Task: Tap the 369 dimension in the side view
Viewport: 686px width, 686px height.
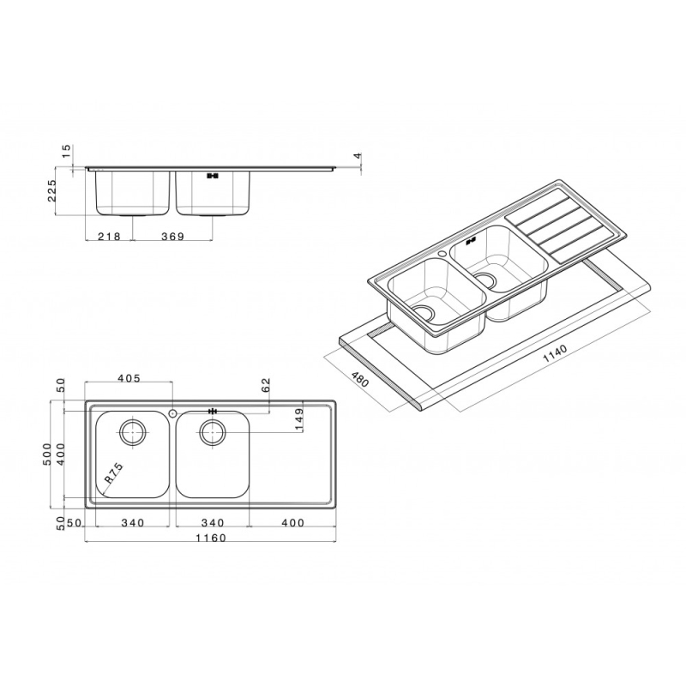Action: tap(174, 238)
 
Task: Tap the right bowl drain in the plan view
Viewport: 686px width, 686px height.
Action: tap(213, 431)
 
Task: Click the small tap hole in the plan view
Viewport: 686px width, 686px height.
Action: tap(173, 413)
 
